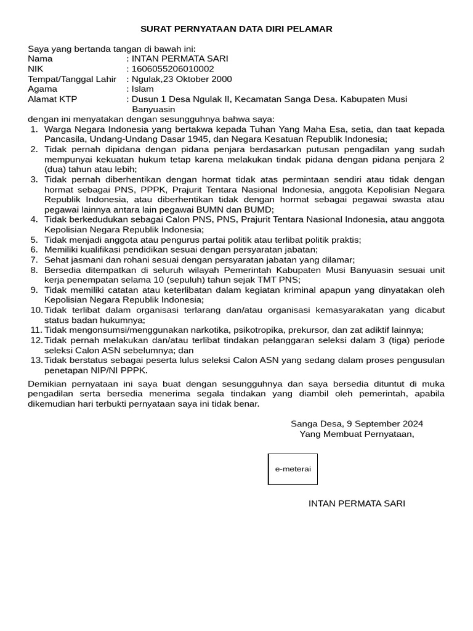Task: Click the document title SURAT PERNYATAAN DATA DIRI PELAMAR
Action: coord(236,29)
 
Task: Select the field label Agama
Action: coord(42,89)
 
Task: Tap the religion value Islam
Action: coord(143,89)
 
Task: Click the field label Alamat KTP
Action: coord(52,99)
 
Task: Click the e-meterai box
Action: coord(293,469)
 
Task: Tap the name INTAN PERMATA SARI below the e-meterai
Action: coord(357,503)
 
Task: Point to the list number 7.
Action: coord(34,260)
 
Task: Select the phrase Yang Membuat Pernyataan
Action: coord(356,434)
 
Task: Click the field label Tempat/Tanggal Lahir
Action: coord(72,79)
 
